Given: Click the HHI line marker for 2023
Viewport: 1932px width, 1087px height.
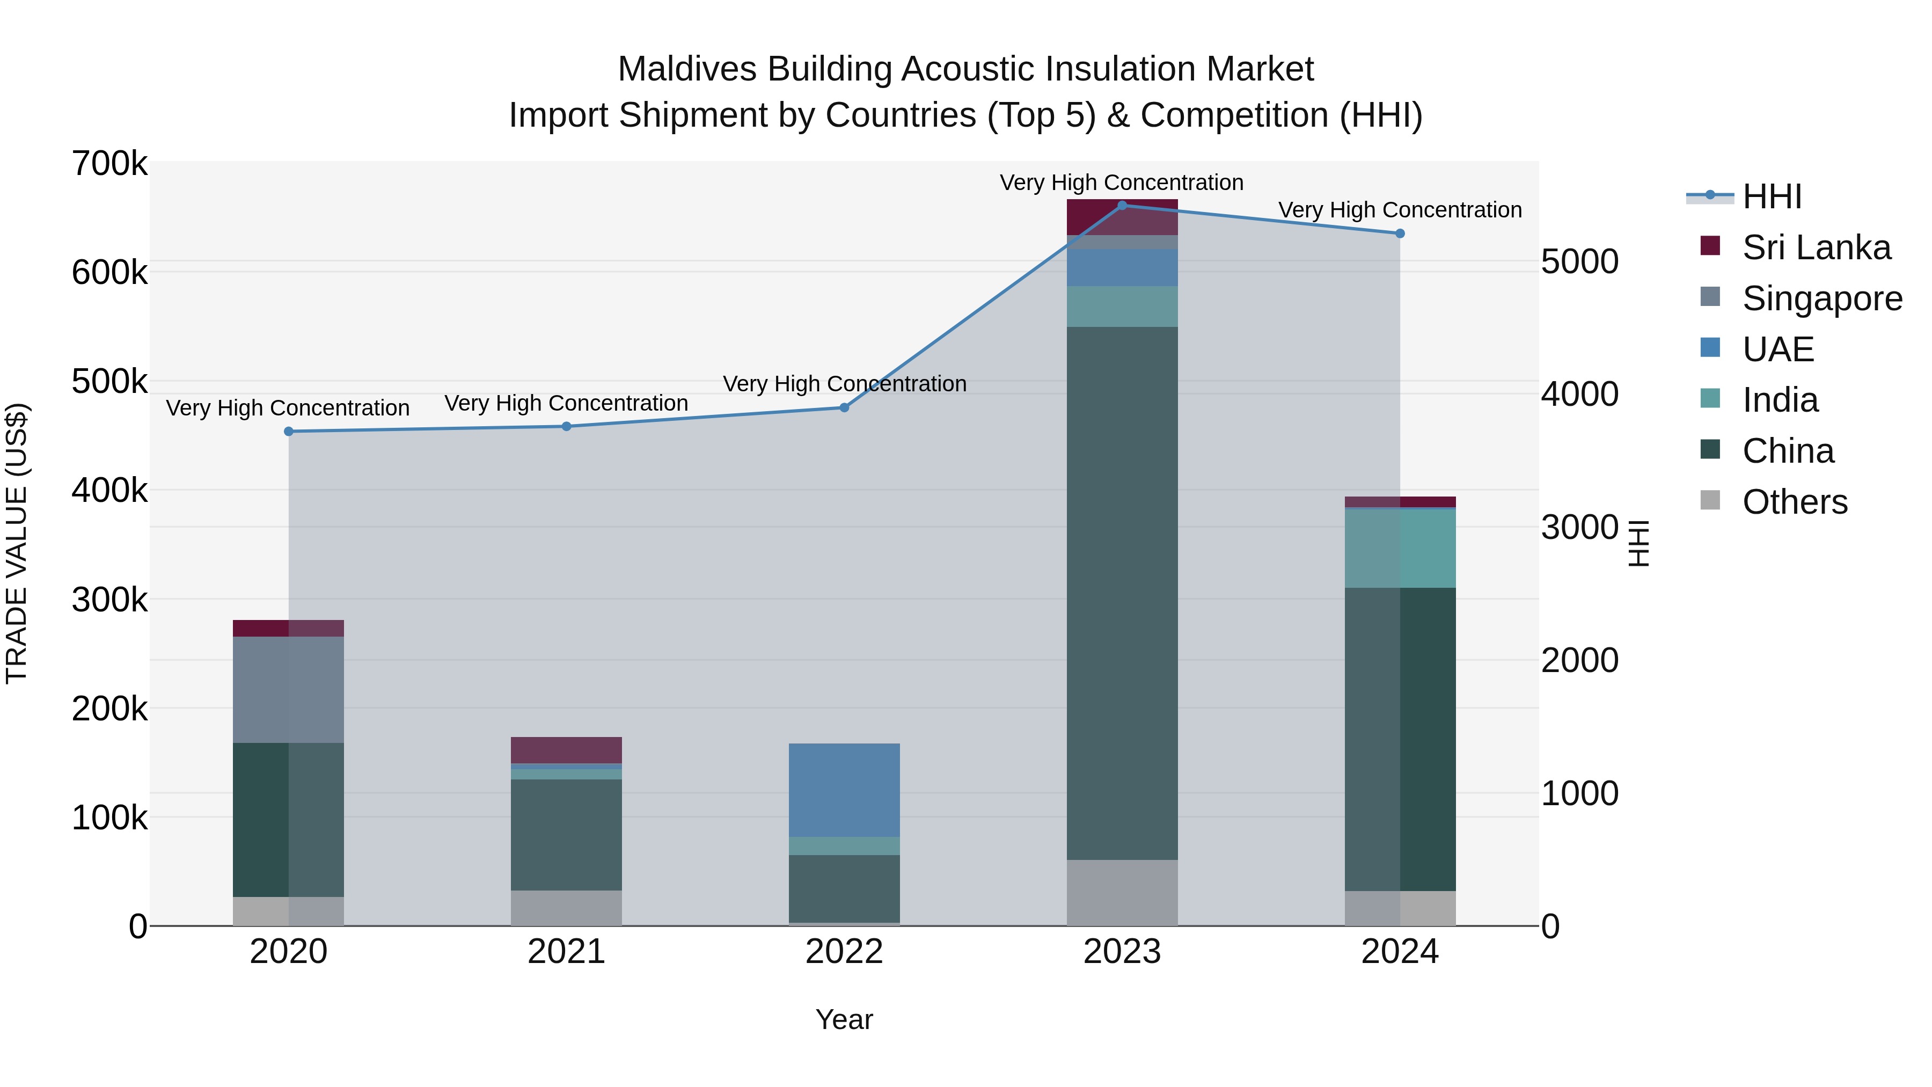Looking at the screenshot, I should (1122, 206).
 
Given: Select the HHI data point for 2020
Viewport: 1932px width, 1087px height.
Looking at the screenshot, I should (289, 432).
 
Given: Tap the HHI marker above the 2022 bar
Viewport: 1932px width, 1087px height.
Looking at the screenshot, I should (844, 407).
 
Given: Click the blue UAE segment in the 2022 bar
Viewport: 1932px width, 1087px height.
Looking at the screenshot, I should (844, 790).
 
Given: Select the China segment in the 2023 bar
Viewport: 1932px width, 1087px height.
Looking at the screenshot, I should (1122, 593).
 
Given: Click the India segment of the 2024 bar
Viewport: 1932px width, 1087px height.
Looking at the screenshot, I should (1400, 549).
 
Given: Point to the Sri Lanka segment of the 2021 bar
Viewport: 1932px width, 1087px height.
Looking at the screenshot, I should (566, 750).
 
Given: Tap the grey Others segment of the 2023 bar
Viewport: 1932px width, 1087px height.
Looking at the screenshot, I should (1122, 893).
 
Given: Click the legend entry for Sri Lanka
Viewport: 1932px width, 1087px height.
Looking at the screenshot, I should (1815, 247).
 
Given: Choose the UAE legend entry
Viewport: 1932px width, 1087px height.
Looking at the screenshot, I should (1777, 349).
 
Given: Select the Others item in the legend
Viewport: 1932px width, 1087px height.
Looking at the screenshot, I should (1794, 502).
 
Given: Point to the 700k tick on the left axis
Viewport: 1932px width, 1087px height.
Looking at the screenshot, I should (109, 164).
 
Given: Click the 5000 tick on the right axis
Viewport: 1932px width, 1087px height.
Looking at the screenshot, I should (1579, 262).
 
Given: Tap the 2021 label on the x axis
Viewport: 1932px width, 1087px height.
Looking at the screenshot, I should (566, 952).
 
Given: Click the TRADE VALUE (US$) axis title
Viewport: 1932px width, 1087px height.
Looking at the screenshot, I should (17, 543).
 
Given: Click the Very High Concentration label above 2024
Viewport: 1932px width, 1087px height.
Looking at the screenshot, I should (1400, 210).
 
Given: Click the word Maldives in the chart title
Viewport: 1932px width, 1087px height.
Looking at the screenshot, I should (686, 69).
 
